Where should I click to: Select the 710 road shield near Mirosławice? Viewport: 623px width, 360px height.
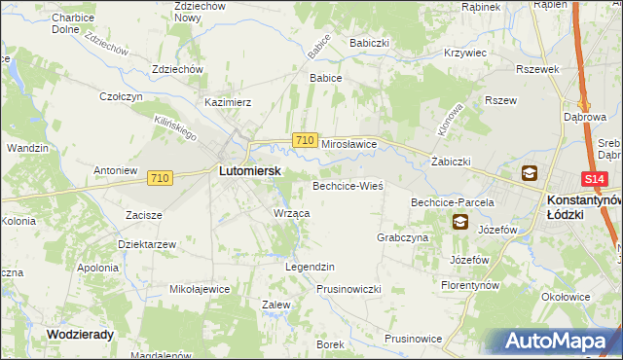coord(304,141)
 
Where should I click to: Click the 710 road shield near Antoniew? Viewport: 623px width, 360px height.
coord(161,178)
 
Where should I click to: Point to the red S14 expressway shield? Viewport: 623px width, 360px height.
coord(596,180)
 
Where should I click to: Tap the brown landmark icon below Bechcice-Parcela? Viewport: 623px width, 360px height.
coord(458,222)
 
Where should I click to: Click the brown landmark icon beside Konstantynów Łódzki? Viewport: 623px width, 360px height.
coord(529,174)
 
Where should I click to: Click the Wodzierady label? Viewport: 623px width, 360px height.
coord(80,334)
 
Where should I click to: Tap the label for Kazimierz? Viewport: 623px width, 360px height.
coord(228,102)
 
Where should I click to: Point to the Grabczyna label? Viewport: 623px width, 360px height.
coord(402,237)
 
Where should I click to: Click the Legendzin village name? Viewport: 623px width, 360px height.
coord(310,267)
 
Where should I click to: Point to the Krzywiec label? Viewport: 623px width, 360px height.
coord(463,54)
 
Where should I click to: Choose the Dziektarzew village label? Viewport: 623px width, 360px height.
coord(146,244)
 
